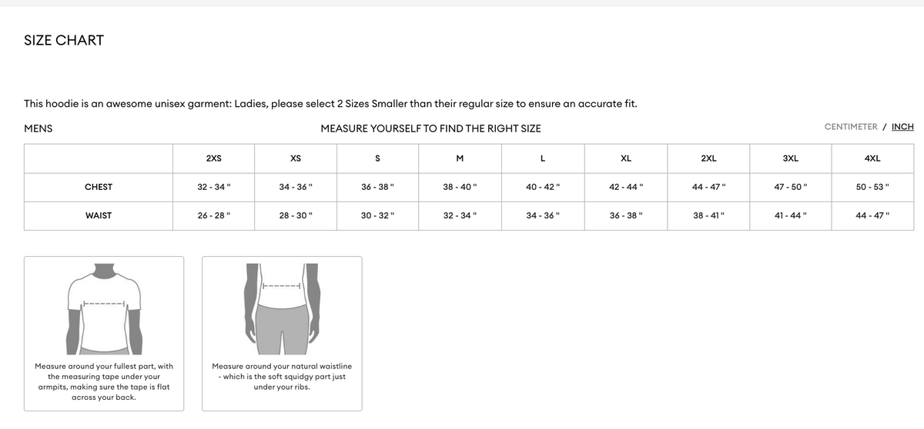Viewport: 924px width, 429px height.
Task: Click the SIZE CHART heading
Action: (x=64, y=40)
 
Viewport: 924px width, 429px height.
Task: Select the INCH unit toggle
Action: (x=902, y=127)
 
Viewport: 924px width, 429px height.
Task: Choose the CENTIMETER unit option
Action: (x=850, y=127)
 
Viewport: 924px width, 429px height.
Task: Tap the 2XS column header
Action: (x=213, y=159)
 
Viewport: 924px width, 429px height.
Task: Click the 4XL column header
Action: (x=872, y=159)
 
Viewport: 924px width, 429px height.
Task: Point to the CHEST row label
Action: (x=99, y=187)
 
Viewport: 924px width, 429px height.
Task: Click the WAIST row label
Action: (x=99, y=216)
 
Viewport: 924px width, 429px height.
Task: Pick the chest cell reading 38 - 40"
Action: (x=460, y=187)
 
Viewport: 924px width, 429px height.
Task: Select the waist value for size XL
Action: (x=626, y=216)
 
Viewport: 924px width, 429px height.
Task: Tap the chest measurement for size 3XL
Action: (x=790, y=187)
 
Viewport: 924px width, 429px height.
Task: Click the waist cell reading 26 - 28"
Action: (x=213, y=216)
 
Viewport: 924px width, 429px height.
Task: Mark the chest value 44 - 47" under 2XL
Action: (x=708, y=187)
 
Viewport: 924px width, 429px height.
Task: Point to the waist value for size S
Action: (x=377, y=216)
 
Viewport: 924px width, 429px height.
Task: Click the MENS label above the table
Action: (x=38, y=128)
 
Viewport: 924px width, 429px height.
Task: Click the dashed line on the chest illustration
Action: (x=104, y=303)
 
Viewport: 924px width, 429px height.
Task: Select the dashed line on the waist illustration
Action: (x=282, y=287)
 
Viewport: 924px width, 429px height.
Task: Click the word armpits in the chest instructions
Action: (x=55, y=387)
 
